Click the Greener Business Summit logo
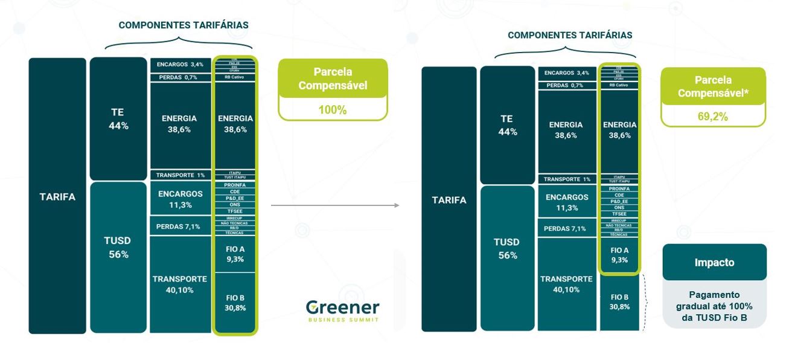pos(342,310)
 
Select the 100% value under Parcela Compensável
pos(332,110)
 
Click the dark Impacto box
pos(714,263)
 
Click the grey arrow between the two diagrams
pos(335,205)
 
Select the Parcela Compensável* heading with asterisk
pos(713,86)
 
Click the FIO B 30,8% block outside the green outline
pos(619,302)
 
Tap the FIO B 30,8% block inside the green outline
pos(235,303)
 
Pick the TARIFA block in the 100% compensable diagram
pos(57,196)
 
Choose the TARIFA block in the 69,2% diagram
pos(449,200)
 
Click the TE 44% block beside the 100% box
pos(118,119)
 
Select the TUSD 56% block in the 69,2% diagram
pos(506,248)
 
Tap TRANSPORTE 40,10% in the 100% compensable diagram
pos(180,284)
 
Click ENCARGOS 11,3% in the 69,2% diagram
pos(566,202)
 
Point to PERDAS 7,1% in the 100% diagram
pos(180,227)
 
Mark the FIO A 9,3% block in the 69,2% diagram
pos(619,255)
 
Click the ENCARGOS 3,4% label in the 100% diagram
pos(180,64)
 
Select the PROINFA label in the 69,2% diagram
pos(619,189)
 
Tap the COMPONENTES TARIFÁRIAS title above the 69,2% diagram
pos(570,35)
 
